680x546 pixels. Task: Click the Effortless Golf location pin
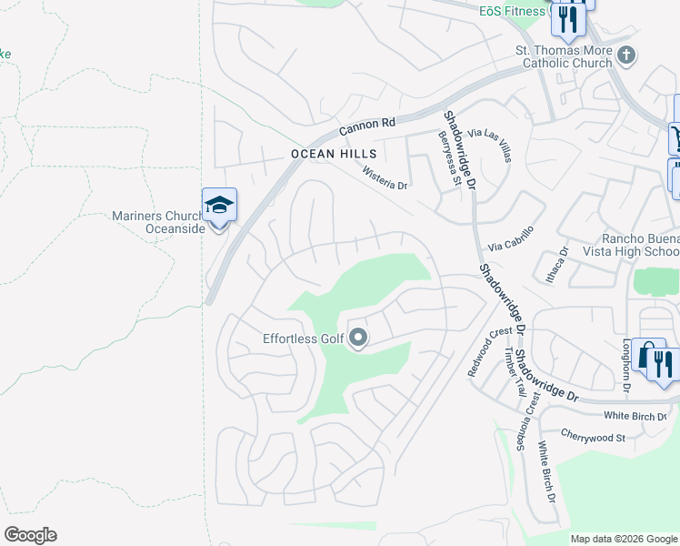(358, 339)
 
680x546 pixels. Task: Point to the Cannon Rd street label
(369, 126)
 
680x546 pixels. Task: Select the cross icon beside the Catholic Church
(625, 56)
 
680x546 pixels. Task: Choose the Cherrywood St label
(594, 437)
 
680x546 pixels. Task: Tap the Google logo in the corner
(30, 535)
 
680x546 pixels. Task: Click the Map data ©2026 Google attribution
(624, 539)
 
